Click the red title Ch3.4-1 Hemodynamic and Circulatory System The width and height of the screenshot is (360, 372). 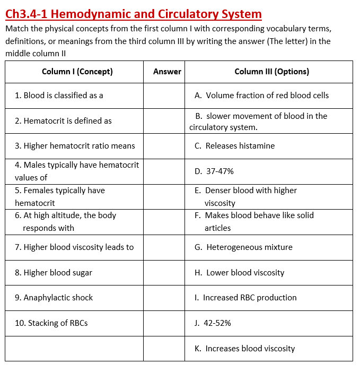(x=133, y=14)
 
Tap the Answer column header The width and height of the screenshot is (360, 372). (x=167, y=72)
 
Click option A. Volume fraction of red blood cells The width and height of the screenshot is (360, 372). (x=261, y=96)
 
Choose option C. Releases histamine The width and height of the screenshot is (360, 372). (x=234, y=146)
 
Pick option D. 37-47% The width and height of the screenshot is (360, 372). (x=214, y=171)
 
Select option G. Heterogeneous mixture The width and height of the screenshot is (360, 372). (x=243, y=247)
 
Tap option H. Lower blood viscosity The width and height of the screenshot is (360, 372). (x=239, y=273)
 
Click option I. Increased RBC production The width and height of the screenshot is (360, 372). (x=245, y=298)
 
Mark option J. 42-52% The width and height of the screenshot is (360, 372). (x=213, y=323)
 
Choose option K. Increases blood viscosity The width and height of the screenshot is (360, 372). (x=244, y=349)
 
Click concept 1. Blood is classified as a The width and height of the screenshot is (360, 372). (x=59, y=96)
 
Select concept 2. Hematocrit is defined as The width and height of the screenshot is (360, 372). (x=63, y=121)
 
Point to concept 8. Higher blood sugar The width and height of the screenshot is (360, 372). (x=54, y=273)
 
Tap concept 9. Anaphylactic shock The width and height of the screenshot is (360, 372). (x=54, y=298)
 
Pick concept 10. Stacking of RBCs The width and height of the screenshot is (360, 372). (x=51, y=323)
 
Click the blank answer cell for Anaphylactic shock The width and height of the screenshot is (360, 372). (x=164, y=298)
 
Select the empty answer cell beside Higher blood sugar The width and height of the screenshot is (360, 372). (x=164, y=273)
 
